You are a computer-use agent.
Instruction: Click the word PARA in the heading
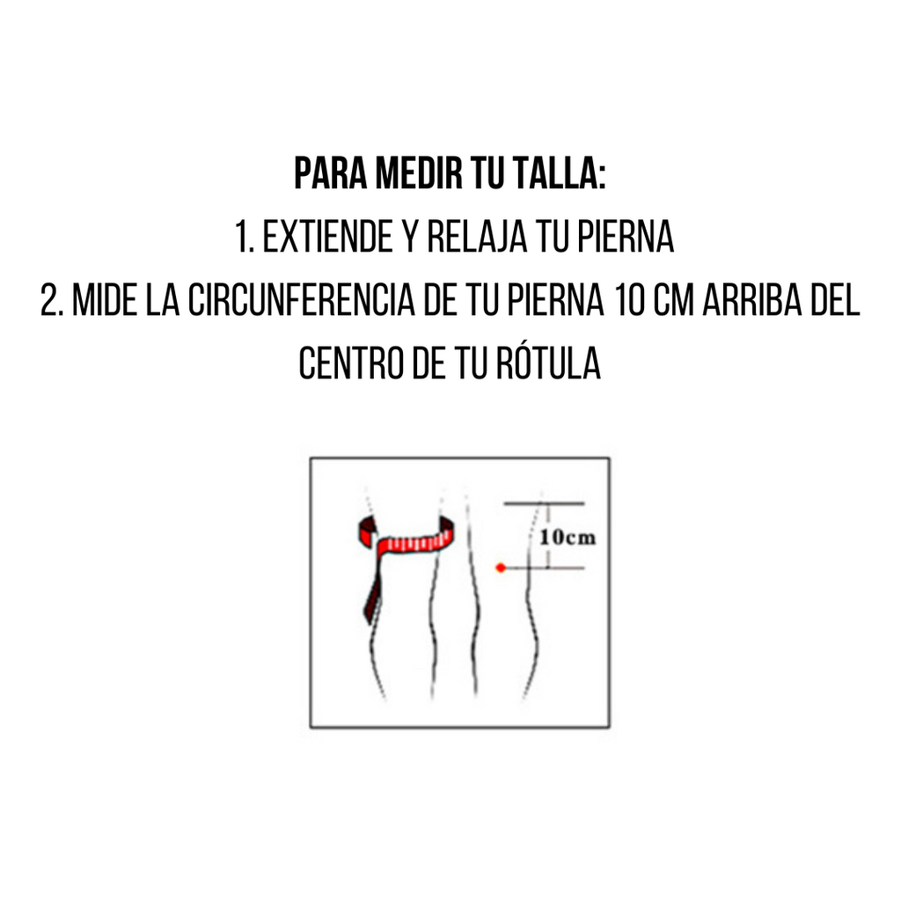point(331,173)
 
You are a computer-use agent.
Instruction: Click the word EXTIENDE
point(327,236)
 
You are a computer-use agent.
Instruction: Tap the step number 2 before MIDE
point(51,299)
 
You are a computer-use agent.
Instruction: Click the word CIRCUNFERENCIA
point(302,299)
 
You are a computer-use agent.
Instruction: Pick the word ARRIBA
point(752,299)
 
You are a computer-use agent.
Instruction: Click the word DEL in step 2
point(835,299)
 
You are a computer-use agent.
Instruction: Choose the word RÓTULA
point(548,363)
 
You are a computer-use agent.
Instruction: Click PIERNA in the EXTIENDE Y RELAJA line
point(626,236)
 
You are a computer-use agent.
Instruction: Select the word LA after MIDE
point(163,299)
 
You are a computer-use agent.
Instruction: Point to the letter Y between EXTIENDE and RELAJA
point(410,236)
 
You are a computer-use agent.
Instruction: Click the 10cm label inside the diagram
point(568,538)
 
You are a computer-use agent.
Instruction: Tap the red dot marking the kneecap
point(501,568)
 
